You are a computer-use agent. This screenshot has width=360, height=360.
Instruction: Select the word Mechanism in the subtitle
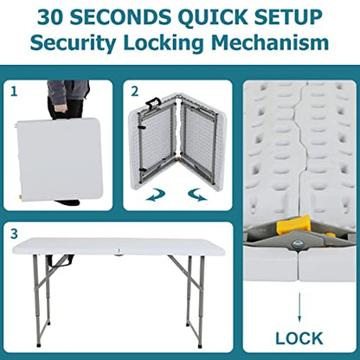click(x=270, y=42)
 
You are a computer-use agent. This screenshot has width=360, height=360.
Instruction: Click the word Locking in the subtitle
click(x=163, y=43)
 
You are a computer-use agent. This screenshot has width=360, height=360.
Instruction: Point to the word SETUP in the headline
click(x=288, y=17)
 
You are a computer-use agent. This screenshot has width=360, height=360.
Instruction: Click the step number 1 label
click(x=14, y=92)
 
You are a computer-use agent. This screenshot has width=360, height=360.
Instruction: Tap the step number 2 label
click(x=135, y=92)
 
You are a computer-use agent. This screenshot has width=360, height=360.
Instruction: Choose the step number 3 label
click(x=14, y=234)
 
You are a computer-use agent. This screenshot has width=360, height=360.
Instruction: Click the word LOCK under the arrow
click(x=299, y=338)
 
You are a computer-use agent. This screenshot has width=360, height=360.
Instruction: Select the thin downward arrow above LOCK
click(x=299, y=307)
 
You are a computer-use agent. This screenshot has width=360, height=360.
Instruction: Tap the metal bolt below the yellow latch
click(x=296, y=245)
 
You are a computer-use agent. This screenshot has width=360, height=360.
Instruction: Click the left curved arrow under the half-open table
click(x=156, y=195)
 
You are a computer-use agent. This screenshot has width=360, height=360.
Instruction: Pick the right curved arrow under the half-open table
click(x=197, y=195)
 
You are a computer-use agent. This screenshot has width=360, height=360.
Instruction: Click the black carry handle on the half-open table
click(x=152, y=101)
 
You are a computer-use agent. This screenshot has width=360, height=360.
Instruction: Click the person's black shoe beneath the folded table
click(x=68, y=202)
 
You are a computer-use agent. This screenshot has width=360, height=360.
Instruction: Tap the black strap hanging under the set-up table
click(x=62, y=260)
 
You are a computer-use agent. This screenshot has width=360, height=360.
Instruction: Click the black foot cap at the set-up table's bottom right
click(x=200, y=345)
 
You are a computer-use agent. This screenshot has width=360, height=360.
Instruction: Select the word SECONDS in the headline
click(x=120, y=17)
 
